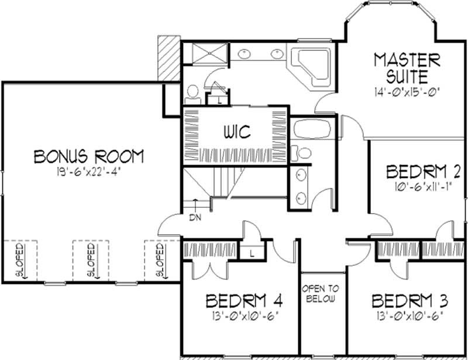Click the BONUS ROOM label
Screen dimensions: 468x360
point(89,156)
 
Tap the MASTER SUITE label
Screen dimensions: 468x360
point(407,68)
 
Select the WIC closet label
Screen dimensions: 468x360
point(238,132)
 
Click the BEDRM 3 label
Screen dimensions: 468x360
point(410,301)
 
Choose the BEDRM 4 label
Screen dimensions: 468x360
point(244,301)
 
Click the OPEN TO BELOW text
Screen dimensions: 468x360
point(321,294)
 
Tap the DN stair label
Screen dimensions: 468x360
point(195,218)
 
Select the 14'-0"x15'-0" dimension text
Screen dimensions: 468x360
point(408,91)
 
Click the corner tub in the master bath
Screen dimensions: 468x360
point(309,66)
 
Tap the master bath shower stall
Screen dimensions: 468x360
point(210,53)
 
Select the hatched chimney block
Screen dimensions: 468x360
point(169,58)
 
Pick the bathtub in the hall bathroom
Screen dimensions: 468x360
point(312,129)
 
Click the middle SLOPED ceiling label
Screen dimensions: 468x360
point(91,259)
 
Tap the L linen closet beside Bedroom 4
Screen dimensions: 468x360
point(252,254)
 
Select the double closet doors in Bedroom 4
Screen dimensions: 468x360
point(211,270)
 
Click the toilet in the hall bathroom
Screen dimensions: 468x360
point(301,153)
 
